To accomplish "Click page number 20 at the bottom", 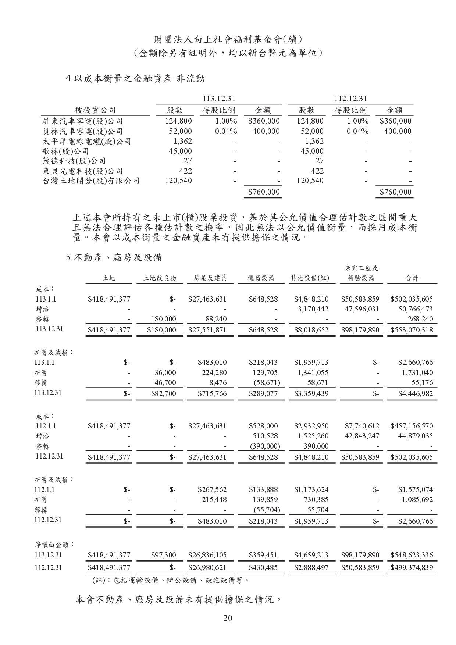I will coord(228,618).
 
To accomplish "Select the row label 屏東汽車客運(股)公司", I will coord(83,121).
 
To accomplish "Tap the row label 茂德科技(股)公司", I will coord(74,161).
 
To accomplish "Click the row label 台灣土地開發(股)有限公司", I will coord(91,181).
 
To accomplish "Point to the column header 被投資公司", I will coord(95,110).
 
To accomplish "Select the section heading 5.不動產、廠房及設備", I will coord(114,258).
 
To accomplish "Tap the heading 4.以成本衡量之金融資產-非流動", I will coord(135,78).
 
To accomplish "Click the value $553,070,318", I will coord(412,330).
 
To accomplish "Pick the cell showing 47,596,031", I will coord(360,309).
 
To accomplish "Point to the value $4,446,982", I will coord(416,393).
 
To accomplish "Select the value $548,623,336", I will coord(412,555).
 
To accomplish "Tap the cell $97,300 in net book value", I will coord(164,555).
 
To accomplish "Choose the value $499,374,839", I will coord(412,567).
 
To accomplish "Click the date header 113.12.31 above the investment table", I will coord(219,99).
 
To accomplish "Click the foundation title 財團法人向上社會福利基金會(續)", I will coord(228,39).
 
